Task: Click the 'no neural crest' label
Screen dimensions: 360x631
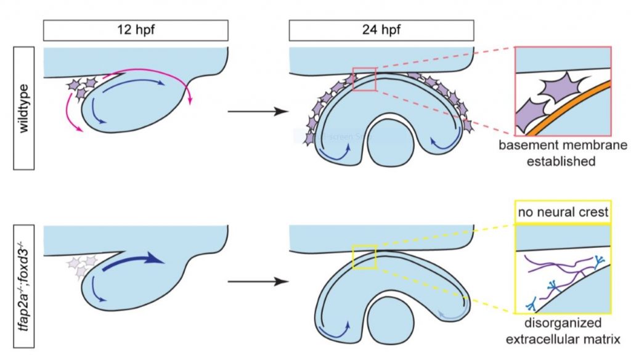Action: [x=562, y=213]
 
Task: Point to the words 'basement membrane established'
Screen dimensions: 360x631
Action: [x=562, y=154]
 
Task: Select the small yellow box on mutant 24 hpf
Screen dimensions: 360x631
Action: [x=364, y=257]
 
